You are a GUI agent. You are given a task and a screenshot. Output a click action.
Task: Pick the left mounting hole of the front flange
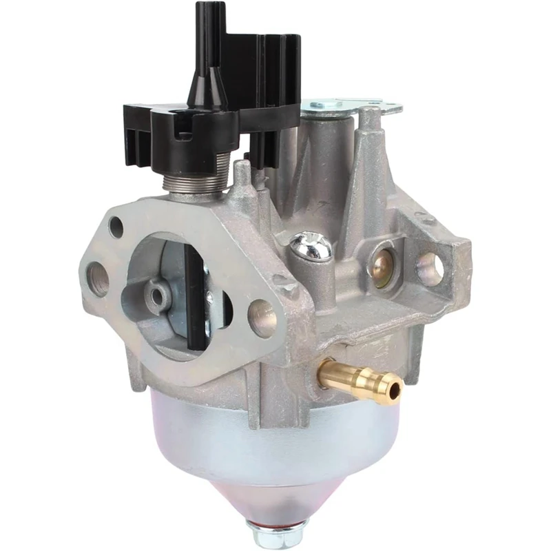[98, 280]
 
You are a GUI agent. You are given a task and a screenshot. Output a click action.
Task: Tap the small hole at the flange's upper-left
[116, 227]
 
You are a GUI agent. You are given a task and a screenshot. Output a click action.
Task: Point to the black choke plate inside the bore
[196, 296]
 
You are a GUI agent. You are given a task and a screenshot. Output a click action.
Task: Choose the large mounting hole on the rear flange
[430, 269]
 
